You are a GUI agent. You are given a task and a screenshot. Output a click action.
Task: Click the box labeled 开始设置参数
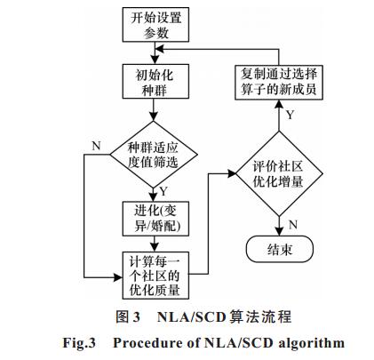point(155,25)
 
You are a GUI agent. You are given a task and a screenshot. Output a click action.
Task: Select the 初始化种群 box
point(155,81)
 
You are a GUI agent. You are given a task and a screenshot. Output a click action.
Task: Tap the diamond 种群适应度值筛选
point(154,155)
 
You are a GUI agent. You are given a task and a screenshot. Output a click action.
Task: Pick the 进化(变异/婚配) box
point(155,219)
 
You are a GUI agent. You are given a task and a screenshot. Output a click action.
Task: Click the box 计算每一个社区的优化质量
point(155,276)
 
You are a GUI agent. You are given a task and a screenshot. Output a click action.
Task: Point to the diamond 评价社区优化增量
point(279,173)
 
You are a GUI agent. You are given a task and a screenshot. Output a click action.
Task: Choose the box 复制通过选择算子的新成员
point(279,83)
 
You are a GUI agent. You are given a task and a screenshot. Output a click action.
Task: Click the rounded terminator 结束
point(280,249)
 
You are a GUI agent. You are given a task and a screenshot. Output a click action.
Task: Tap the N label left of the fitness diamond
point(97,146)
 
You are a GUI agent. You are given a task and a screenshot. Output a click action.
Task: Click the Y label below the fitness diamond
point(163,191)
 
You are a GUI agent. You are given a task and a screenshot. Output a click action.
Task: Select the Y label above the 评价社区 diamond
point(290,115)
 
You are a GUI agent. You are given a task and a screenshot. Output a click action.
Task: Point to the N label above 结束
point(293,225)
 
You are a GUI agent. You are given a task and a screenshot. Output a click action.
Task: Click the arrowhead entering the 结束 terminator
point(279,232)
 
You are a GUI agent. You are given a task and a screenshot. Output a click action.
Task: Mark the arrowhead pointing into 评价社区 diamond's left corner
point(231,173)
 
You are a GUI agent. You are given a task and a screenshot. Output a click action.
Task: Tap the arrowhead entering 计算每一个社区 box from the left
point(118,277)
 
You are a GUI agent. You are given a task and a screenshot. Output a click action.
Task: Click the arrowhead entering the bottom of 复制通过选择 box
point(279,104)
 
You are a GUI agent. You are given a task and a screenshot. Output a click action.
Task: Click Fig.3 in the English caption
point(79,343)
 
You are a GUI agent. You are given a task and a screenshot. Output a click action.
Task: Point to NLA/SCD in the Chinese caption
point(191,317)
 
